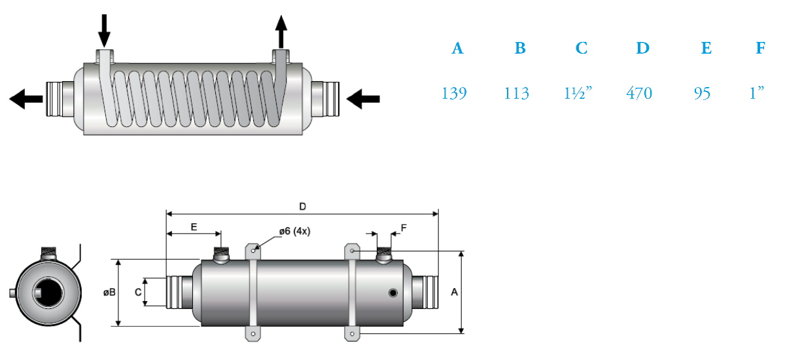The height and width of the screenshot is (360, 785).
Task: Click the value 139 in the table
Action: pos(454,93)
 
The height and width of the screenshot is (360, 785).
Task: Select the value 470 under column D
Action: pos(639,93)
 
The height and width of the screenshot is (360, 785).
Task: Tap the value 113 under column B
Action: pos(517,93)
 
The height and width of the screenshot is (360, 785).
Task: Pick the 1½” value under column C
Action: pos(578,93)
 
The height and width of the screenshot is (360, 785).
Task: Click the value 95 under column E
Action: pos(703,93)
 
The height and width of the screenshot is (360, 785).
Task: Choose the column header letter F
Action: pos(760,48)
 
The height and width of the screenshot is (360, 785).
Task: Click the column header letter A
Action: pos(457,48)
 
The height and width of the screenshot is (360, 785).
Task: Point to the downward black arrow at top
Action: pos(104,31)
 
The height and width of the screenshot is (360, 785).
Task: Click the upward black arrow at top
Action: pos(281,31)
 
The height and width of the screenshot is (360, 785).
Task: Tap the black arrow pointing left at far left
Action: pos(26,99)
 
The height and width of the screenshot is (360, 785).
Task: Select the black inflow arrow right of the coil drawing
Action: pos(363,99)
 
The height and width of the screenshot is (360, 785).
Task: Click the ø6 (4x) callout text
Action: pos(295,231)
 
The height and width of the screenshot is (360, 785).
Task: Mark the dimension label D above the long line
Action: pos(303,206)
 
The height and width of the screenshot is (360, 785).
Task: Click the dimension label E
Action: pos(194,227)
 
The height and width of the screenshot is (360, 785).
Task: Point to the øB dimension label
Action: pos(109,292)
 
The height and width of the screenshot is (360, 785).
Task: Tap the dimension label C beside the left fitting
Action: pos(138,292)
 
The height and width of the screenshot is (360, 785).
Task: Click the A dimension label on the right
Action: pos(454,292)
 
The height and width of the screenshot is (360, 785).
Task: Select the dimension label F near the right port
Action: pos(404,228)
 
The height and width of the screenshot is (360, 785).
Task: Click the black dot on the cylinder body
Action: pos(393,293)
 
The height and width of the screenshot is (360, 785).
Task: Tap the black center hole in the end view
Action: pos(48,293)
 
